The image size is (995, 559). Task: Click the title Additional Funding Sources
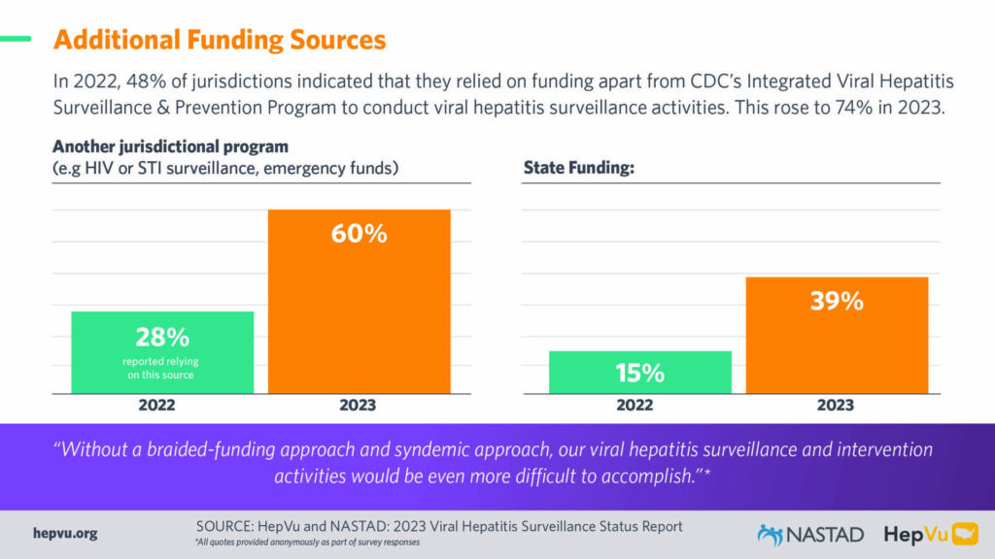(219, 40)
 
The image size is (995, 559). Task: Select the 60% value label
(358, 234)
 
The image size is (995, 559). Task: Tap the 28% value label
(162, 337)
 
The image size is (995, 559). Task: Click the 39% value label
(837, 302)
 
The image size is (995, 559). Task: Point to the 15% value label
(639, 373)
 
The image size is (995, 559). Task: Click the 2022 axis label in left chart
(161, 406)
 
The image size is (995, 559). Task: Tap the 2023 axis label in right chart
(835, 406)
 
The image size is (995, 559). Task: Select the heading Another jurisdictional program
(170, 148)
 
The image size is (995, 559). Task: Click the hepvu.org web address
(65, 534)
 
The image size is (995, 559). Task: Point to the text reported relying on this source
(162, 368)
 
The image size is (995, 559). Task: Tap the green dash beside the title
(16, 40)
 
